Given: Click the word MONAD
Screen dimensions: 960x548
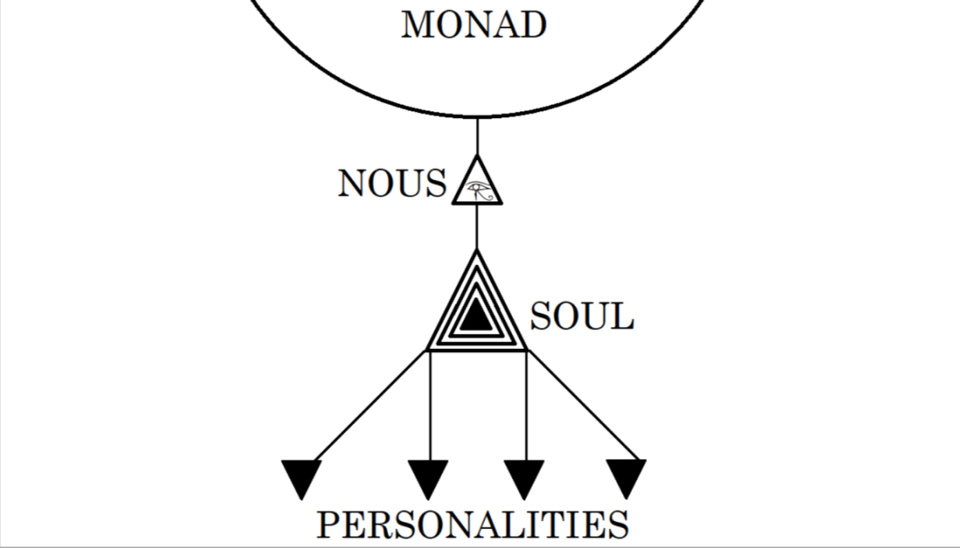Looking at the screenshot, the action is coord(473,24).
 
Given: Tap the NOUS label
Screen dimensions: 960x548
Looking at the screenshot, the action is coord(392,183).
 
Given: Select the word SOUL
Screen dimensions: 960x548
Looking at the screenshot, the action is coord(582,316).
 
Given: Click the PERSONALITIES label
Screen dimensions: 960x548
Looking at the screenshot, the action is coord(473,524).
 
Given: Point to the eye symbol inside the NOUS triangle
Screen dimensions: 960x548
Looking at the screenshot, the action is coord(480,191).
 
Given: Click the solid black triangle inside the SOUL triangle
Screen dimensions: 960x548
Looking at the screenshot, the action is coord(476,314).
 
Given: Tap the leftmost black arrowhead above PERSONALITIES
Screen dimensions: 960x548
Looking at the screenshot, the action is coord(301,480).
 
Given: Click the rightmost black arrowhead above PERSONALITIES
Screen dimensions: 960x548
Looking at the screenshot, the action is coord(626,479).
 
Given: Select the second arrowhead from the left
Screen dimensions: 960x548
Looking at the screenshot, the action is coord(428,480).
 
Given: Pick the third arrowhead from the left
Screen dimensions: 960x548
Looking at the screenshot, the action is coord(524,480).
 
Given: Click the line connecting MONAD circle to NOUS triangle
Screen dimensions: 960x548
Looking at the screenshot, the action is coord(478,136).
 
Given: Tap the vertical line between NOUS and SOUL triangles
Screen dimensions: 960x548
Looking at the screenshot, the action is coord(477,227).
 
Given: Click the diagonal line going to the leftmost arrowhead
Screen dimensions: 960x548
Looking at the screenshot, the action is coord(369,405).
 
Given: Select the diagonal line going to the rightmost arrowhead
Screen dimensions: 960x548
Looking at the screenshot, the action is coord(584,405).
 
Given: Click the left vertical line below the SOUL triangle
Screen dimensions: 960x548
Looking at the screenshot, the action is coord(430,405).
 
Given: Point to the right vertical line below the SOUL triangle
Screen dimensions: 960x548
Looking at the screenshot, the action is coord(526,405).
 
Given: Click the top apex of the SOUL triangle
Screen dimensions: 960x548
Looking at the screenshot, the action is coord(477,251).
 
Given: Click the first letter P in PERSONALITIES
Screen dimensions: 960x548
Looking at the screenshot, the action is coord(329,525).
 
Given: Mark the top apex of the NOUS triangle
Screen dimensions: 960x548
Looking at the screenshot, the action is coord(478,156).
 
